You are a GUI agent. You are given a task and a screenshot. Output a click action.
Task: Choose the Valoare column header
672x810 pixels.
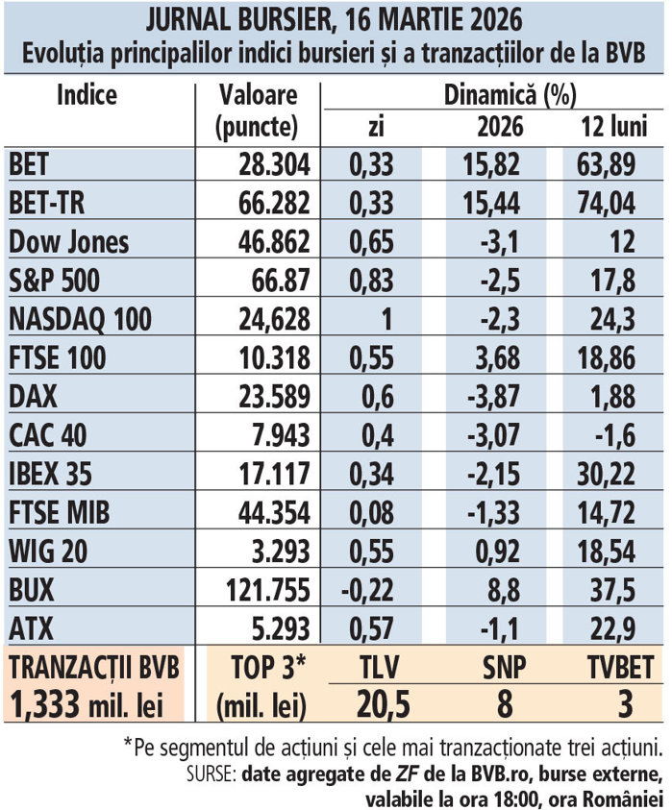click(x=258, y=97)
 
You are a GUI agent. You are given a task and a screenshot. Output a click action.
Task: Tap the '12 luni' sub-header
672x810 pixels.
click(x=612, y=127)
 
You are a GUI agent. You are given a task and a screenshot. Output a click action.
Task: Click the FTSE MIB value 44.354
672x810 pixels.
click(x=273, y=512)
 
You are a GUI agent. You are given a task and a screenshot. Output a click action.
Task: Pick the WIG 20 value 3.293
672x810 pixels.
click(x=280, y=552)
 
